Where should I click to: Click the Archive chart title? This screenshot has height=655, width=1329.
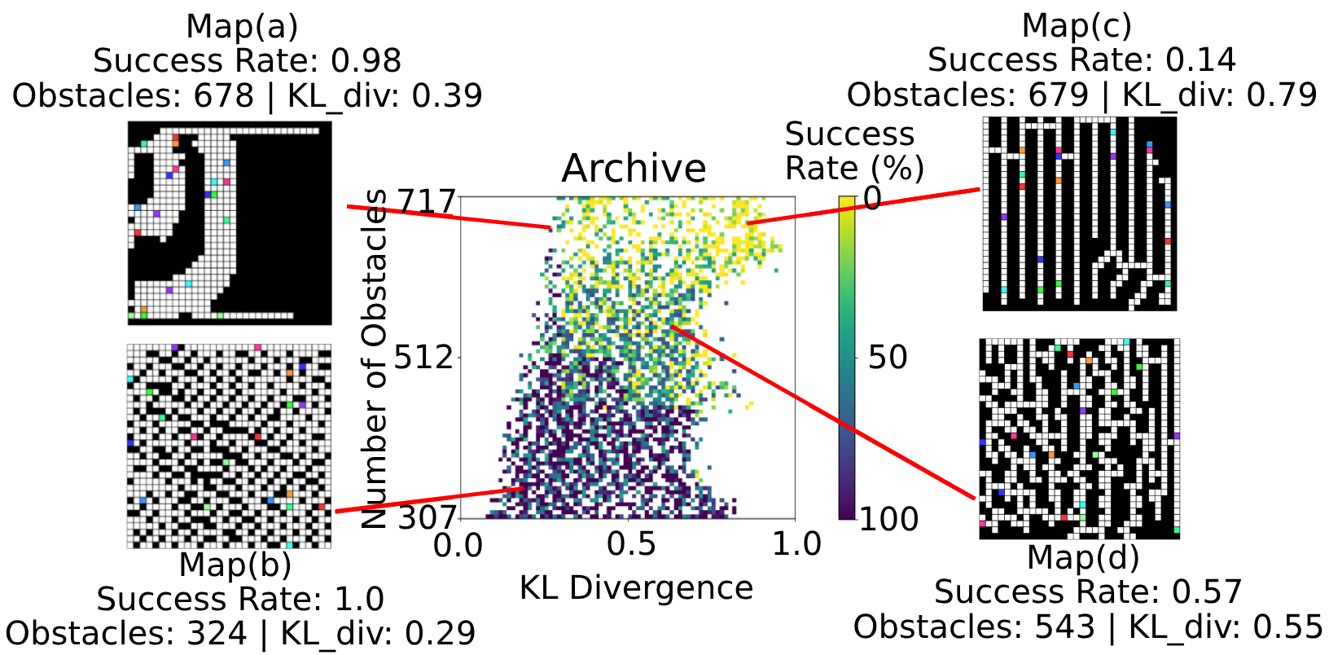point(634,169)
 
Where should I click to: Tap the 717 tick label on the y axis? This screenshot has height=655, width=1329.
point(425,200)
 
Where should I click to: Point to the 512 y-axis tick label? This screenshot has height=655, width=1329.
point(425,357)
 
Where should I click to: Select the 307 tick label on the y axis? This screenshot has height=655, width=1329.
point(425,517)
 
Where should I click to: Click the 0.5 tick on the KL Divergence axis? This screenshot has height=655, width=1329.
point(631,544)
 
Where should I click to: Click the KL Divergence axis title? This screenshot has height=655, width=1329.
point(636,587)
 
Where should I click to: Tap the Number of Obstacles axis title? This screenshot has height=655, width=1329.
point(375,358)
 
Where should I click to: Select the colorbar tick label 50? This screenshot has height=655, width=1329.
point(887,357)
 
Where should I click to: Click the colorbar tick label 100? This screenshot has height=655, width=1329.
point(889,519)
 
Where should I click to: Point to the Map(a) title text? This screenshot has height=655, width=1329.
point(242,26)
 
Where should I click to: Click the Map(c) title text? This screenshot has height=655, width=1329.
point(1077,25)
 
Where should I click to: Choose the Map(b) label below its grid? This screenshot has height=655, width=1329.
point(235,564)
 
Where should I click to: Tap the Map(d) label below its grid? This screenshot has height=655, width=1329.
point(1082,557)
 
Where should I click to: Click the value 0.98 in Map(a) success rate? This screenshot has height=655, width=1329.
point(366,61)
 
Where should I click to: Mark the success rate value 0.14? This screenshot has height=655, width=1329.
point(1200,60)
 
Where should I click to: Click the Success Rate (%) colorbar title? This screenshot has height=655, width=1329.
point(853,151)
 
